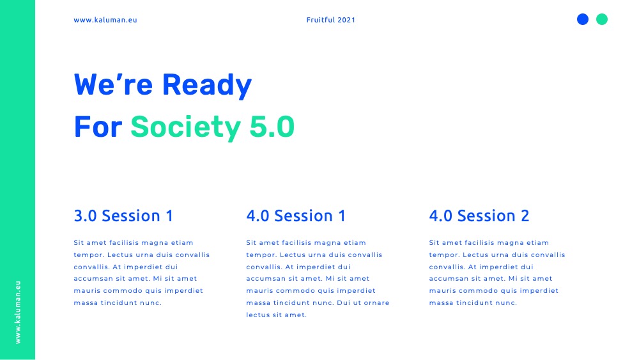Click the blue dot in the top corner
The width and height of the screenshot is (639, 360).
[583, 19]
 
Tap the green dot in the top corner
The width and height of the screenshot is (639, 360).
[602, 19]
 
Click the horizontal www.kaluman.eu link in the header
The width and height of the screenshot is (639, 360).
[105, 20]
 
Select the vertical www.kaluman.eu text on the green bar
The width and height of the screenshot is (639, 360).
[17, 312]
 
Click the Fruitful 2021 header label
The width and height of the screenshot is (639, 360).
[330, 20]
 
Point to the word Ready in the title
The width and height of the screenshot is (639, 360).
[207, 85]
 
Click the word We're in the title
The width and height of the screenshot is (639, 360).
[113, 84]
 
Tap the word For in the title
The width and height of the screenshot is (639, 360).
[98, 127]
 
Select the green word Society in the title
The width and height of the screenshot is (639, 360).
[185, 128]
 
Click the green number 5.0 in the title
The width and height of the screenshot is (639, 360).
[272, 127]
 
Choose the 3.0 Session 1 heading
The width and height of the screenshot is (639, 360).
[123, 215]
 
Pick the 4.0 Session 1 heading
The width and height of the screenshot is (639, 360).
[296, 215]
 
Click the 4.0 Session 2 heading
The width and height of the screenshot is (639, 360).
[479, 215]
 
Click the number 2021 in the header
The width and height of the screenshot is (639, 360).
[346, 20]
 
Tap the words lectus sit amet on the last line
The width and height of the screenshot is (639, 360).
[276, 315]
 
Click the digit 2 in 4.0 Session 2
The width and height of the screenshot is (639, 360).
[525, 215]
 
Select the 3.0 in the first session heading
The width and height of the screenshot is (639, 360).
[85, 215]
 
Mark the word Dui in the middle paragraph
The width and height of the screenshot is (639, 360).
[344, 303]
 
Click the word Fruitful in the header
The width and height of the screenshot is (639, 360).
[320, 20]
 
